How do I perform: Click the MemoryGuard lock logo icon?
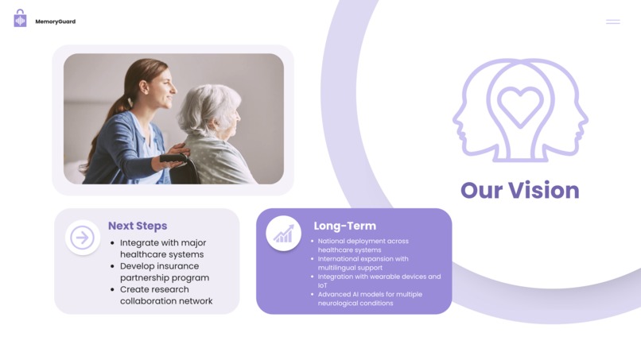tap(20, 19)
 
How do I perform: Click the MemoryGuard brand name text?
tap(55, 21)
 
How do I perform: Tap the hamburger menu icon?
tap(612, 21)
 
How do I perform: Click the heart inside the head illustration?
tap(520, 106)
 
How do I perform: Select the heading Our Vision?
tap(519, 191)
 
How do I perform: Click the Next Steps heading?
tap(138, 226)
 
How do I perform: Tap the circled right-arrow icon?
tap(83, 237)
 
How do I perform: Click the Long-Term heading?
tap(344, 226)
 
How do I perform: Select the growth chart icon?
tap(284, 234)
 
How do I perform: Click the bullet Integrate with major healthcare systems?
tap(162, 249)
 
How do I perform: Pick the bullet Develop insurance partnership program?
tap(164, 272)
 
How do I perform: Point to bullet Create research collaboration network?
tap(165, 295)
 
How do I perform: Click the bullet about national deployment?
tap(363, 246)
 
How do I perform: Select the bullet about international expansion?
tap(363, 263)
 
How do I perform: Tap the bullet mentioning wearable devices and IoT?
tap(379, 281)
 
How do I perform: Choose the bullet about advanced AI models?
tap(370, 299)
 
